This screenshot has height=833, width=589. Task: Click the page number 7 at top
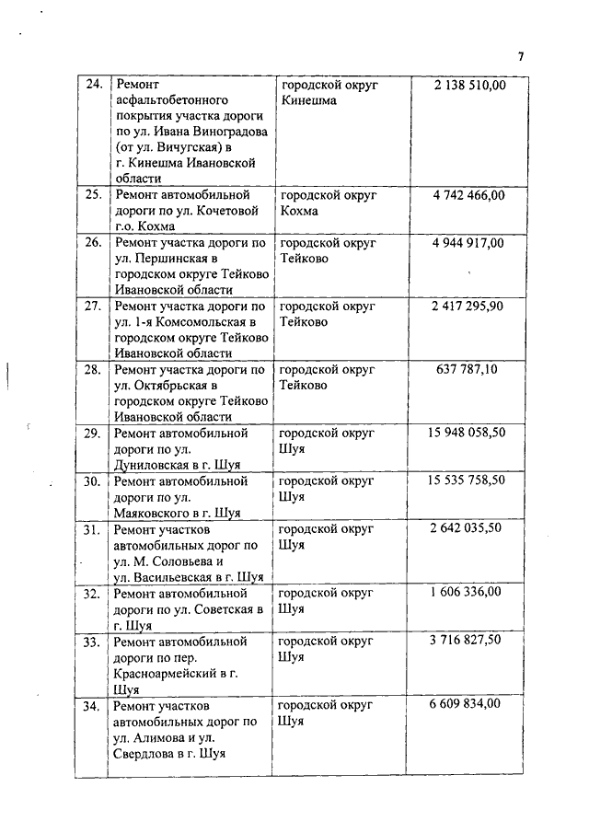point(521,56)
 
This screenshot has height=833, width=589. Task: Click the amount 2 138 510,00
point(468,85)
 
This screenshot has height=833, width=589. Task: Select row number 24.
point(92,85)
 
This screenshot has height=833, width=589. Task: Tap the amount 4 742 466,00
point(468,195)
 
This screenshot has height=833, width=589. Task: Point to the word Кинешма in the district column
point(308,100)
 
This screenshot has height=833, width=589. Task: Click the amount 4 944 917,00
point(468,243)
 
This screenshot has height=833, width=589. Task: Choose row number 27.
point(92,306)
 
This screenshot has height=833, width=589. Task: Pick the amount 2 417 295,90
point(468,306)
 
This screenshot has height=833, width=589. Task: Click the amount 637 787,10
point(468,369)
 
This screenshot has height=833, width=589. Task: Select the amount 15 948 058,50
point(468,432)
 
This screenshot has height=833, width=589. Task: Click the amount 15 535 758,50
point(468,480)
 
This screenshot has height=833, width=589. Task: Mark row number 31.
point(92,529)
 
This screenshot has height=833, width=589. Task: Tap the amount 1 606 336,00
point(468,592)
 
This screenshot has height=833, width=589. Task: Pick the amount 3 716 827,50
point(468,641)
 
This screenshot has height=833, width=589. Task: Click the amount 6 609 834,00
point(468,704)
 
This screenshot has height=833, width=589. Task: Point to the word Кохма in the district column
point(299,211)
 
